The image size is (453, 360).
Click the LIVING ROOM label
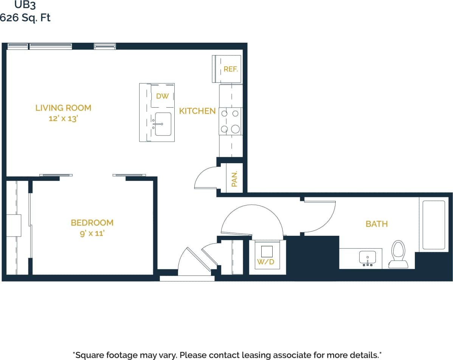point(63,108)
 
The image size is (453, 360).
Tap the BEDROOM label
point(92,222)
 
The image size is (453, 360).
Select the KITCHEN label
point(197,111)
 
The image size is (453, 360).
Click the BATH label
point(376,224)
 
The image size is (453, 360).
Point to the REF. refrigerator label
point(230,69)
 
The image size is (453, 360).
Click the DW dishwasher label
point(162,96)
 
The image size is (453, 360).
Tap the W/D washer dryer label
point(265,262)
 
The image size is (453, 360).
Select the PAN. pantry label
point(234,179)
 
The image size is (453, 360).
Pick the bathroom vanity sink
point(367,258)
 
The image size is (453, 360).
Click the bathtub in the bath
point(433,225)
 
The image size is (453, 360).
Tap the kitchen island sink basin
point(163,124)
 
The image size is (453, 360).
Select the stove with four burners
point(231,121)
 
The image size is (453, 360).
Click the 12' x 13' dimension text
point(63,119)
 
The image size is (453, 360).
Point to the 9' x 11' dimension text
point(92,233)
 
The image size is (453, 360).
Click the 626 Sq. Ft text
point(25,17)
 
